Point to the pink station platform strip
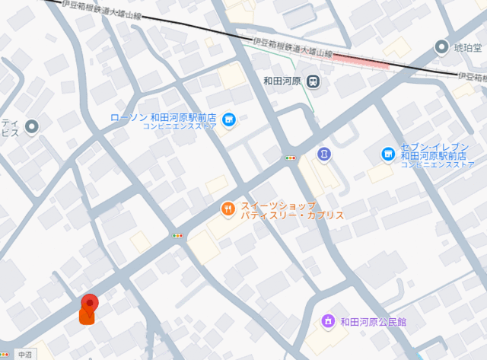coord(361,59)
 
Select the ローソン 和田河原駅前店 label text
coord(164,118)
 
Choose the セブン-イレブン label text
coord(430,148)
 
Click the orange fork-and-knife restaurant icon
coord(227,209)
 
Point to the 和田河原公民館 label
coord(374,321)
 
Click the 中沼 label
coord(26,354)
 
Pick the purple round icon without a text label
coord(323,154)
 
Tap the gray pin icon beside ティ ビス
coord(32,126)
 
